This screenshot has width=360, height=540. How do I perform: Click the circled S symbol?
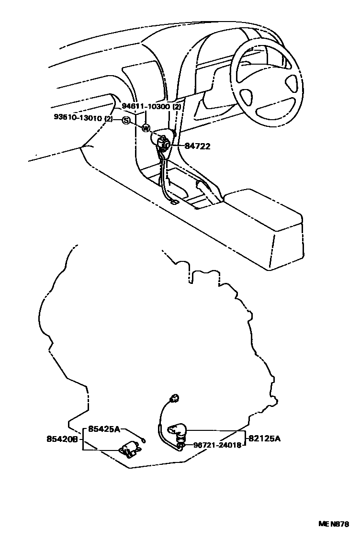125,120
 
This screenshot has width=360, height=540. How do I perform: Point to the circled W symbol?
146,128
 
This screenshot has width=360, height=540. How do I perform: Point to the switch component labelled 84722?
164,143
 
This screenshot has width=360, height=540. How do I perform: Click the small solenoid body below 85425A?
128,449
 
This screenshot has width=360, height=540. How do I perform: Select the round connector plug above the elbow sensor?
175,397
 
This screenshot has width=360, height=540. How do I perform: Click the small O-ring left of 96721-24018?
181,445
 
